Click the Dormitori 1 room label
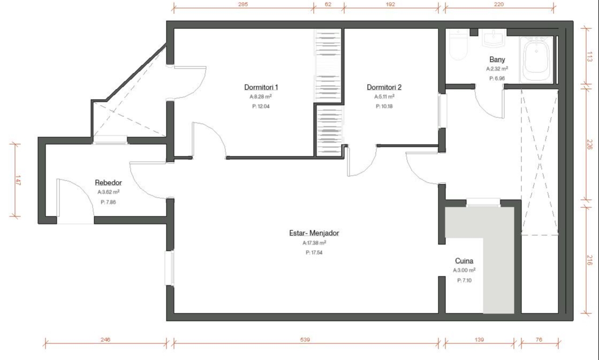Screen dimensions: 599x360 261,87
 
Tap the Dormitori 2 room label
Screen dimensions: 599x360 384,87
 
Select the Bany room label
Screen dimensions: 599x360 497,59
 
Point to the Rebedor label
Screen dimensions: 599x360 108,183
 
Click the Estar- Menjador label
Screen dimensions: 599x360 314,233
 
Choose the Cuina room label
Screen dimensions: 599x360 464,261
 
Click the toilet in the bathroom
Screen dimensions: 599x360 458,44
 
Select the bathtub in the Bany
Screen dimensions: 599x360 536,59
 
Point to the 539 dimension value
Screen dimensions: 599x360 305,339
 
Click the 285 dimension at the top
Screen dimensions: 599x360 242,5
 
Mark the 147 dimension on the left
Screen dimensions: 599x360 18,181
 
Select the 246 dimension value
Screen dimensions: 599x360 105,339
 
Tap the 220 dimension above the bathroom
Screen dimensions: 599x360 498,5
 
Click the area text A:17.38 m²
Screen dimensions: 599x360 314,243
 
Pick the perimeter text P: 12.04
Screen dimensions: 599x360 261,106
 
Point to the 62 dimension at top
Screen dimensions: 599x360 328,5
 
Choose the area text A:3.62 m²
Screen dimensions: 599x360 109,192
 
